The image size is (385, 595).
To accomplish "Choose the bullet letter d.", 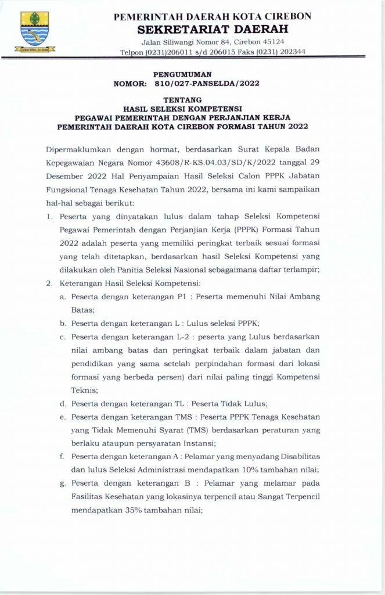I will tap(62, 403).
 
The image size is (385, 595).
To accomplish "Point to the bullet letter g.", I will tap(62, 484).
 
